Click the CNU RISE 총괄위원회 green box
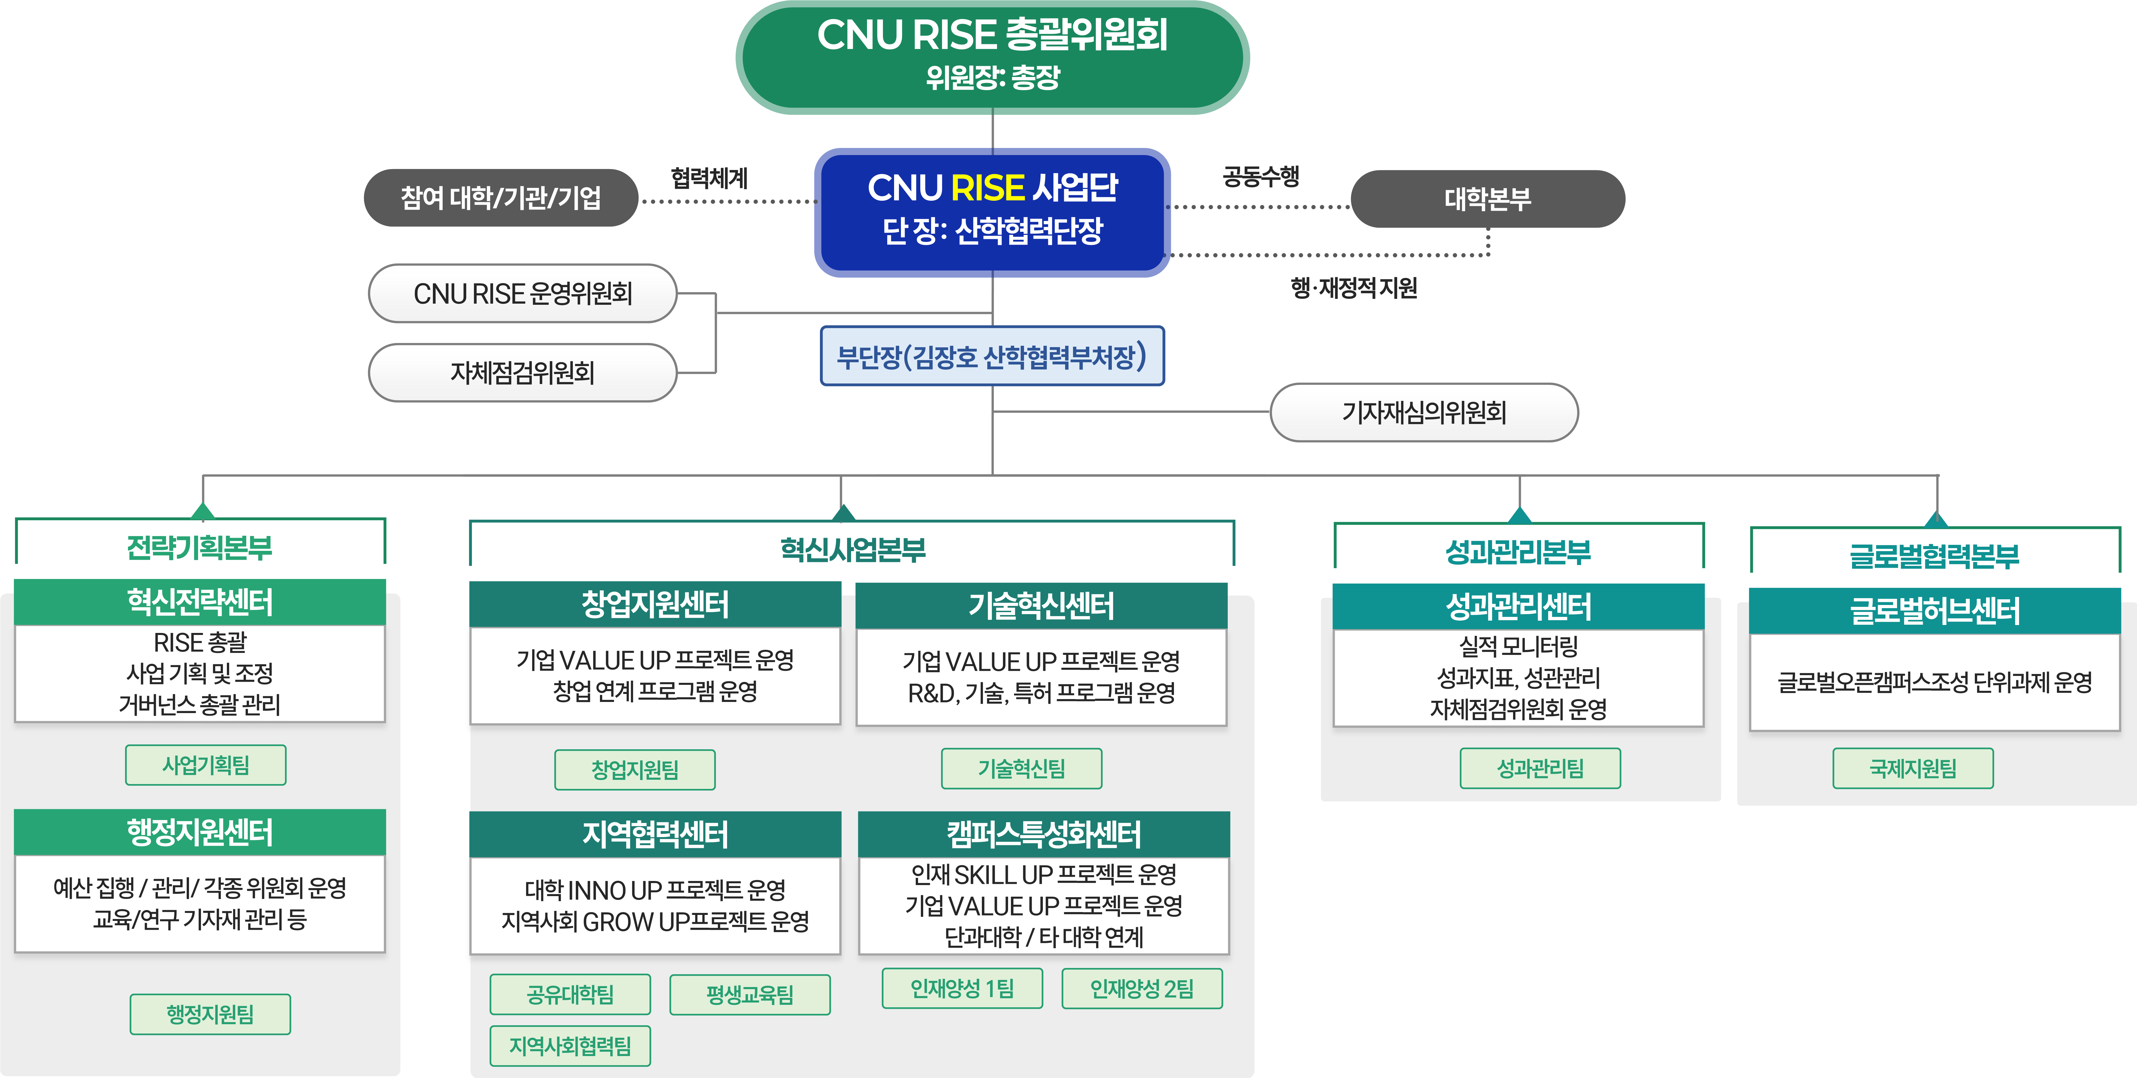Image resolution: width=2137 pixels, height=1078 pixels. [x=992, y=56]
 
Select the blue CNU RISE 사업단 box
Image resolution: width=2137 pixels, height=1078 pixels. [x=992, y=212]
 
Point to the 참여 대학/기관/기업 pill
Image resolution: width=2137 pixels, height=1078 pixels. [x=501, y=198]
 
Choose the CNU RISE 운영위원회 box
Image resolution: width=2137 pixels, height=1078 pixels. [x=523, y=293]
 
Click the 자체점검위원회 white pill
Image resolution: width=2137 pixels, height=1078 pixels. [x=523, y=373]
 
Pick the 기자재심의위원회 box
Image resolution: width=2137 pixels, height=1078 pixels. [x=1424, y=413]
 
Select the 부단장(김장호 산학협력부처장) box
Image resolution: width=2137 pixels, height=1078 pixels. [x=992, y=356]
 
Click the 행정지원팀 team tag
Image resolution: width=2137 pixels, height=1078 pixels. [x=210, y=1014]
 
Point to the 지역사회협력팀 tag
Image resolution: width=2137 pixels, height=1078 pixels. [x=570, y=1045]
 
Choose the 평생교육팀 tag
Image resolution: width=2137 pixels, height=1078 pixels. [x=750, y=994]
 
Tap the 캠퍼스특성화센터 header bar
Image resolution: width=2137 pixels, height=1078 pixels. [x=1044, y=834]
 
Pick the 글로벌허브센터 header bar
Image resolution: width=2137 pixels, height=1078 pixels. [x=1935, y=611]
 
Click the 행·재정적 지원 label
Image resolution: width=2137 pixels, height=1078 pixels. [x=1354, y=288]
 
